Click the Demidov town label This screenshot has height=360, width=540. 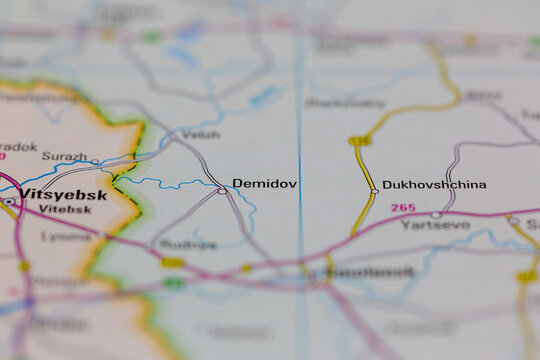coord(264,184)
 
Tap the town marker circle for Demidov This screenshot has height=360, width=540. coord(222,190)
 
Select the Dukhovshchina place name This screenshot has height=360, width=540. coord(434,184)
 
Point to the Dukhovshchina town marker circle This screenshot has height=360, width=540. coord(374,190)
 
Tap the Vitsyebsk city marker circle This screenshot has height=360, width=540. coord(8,201)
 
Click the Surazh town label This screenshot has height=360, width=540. coord(64,156)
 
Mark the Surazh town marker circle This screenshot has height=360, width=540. coord(95,161)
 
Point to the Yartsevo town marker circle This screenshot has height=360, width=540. coord(435,214)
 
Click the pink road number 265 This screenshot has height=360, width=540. coord(402,207)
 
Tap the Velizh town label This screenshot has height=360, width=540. coord(201,134)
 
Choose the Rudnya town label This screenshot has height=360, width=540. coord(188,244)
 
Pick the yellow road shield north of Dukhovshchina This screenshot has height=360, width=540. coord(359,141)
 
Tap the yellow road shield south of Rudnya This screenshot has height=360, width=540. coord(173,263)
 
